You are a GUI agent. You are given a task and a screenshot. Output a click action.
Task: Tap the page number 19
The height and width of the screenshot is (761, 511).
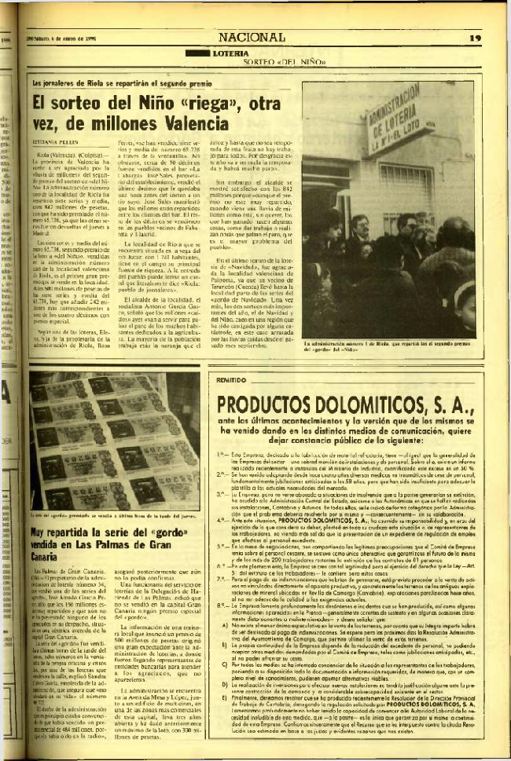click(x=475, y=37)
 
